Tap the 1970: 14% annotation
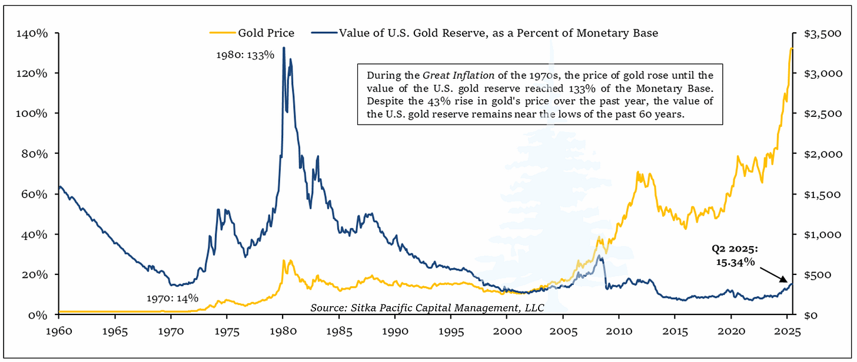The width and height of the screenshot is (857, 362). tap(172, 297)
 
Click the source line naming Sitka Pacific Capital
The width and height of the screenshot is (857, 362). tap(427, 307)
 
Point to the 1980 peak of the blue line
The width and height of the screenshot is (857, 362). tap(284, 48)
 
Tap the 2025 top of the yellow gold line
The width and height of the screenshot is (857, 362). tap(791, 48)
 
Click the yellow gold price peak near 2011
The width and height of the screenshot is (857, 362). tap(637, 173)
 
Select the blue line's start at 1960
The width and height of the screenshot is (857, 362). tap(59, 187)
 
